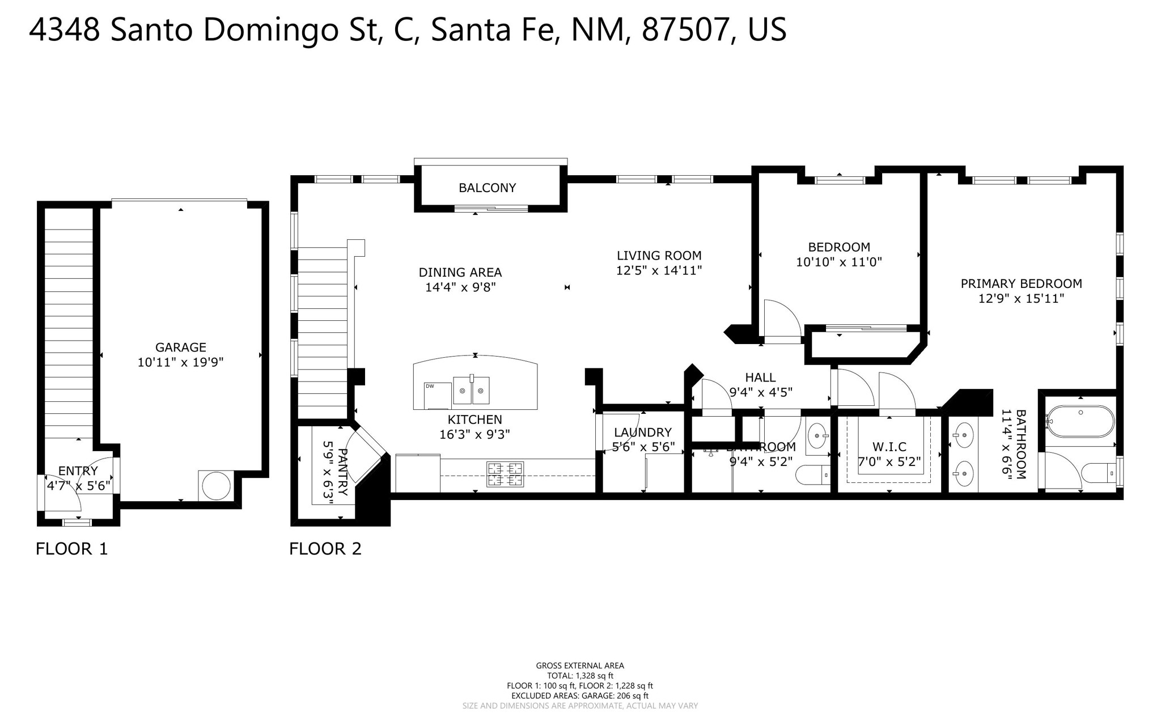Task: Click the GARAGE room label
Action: coord(180,347)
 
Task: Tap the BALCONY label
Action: coord(487,188)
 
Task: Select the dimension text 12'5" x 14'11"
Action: coord(659,271)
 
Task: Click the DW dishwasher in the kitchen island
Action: coord(438,395)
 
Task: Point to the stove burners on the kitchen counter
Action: coord(505,474)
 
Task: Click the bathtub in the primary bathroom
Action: coord(1080,421)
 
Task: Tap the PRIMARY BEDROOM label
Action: coord(1021,283)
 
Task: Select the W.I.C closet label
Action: coord(889,447)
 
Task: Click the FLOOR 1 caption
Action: coord(71,549)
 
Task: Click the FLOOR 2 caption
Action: coord(325,549)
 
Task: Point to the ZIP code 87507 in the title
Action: coord(684,30)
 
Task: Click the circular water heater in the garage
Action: coord(216,486)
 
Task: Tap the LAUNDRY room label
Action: coord(642,433)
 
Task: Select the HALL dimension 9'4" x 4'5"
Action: coord(760,392)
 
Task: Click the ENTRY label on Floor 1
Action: coord(78,470)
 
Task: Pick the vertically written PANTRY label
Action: coord(342,472)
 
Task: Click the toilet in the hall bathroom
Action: coord(812,475)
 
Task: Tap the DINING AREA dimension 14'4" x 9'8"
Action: coord(460,287)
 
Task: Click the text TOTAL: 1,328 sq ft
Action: coord(580,676)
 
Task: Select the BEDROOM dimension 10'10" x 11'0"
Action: coord(839,262)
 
